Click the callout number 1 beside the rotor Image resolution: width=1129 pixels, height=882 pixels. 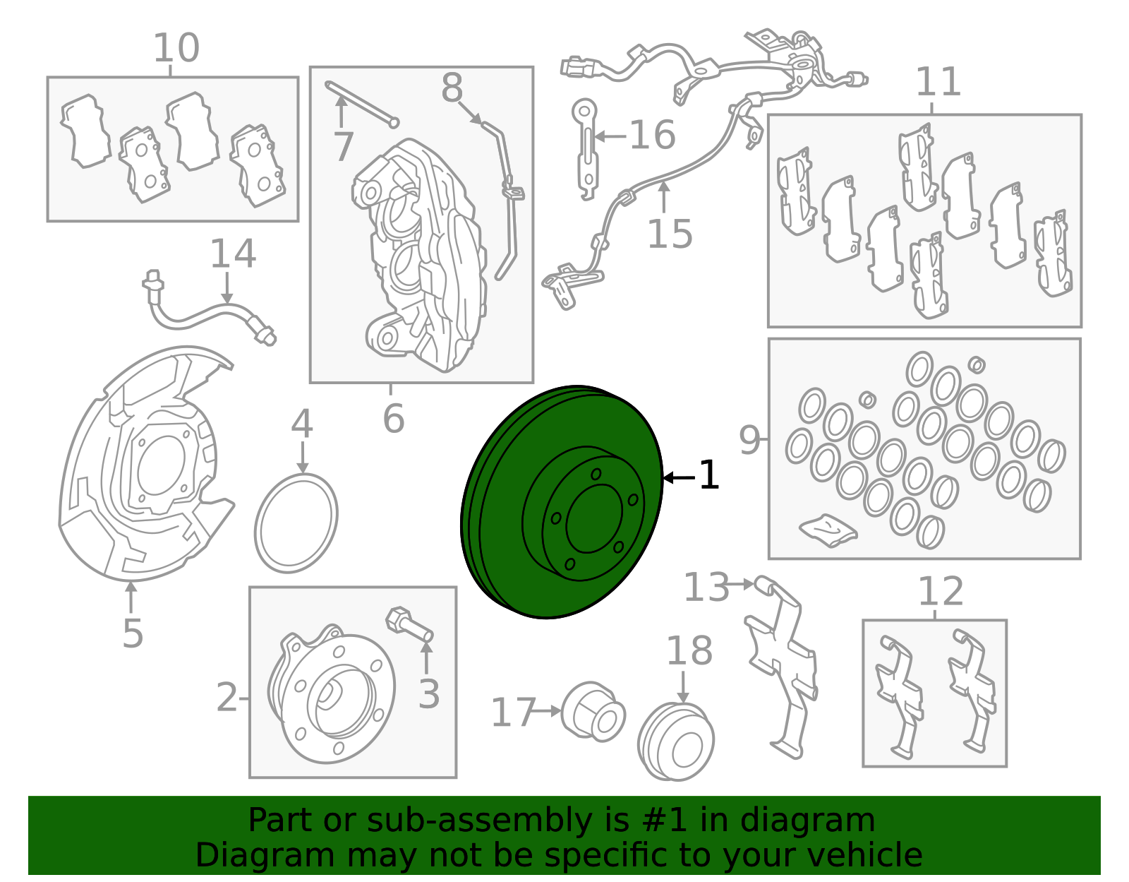pyautogui.click(x=708, y=475)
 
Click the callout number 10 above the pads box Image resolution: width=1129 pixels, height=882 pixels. pyautogui.click(x=176, y=48)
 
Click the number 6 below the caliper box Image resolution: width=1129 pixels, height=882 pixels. pyautogui.click(x=393, y=418)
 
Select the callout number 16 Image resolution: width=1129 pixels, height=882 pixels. pyautogui.click(x=653, y=135)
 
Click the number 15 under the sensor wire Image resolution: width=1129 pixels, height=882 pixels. pyautogui.click(x=670, y=233)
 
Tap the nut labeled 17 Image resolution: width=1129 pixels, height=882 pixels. pyautogui.click(x=594, y=712)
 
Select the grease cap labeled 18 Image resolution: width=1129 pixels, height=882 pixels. pyautogui.click(x=676, y=741)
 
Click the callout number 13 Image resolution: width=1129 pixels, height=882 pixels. pyautogui.click(x=706, y=588)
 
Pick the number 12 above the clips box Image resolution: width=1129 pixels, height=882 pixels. pyautogui.click(x=941, y=592)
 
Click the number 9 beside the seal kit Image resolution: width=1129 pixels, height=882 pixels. pyautogui.click(x=749, y=440)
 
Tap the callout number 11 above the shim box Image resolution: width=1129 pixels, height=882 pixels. pyautogui.click(x=938, y=82)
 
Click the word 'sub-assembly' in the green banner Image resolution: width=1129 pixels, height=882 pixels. pyautogui.click(x=480, y=821)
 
